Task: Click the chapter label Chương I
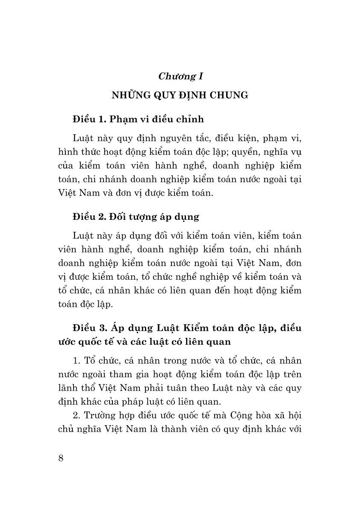(180, 77)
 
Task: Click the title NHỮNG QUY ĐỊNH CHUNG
(180, 95)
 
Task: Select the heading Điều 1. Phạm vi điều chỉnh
(138, 119)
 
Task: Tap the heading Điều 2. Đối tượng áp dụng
(136, 216)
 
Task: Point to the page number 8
(61, 458)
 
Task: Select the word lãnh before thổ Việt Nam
(67, 388)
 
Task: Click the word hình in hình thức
(67, 153)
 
